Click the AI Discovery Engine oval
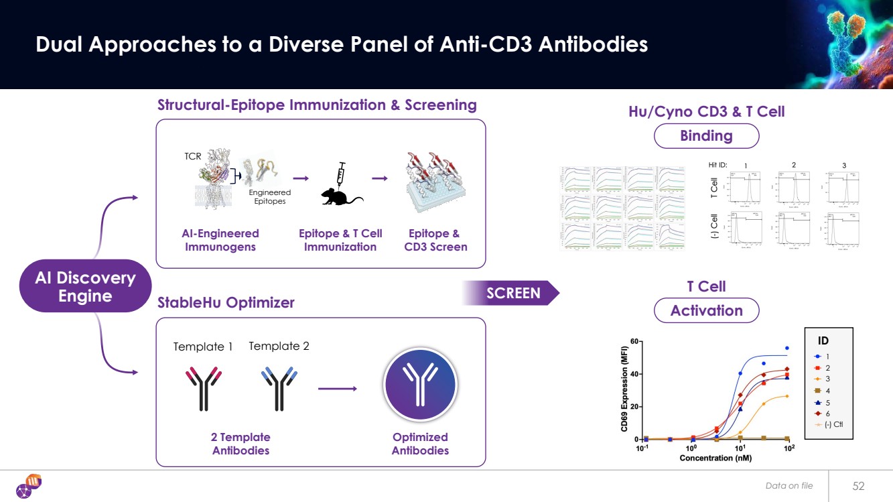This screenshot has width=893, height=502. pyautogui.click(x=85, y=286)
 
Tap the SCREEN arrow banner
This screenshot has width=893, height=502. pyautogui.click(x=512, y=293)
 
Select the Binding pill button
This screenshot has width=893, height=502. pyautogui.click(x=705, y=136)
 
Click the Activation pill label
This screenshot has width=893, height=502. pyautogui.click(x=706, y=310)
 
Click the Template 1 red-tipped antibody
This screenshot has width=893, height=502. pyautogui.click(x=204, y=388)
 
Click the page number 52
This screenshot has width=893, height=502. pyautogui.click(x=859, y=485)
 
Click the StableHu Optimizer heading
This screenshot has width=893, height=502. pyautogui.click(x=226, y=302)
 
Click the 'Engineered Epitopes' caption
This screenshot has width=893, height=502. pyautogui.click(x=269, y=196)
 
